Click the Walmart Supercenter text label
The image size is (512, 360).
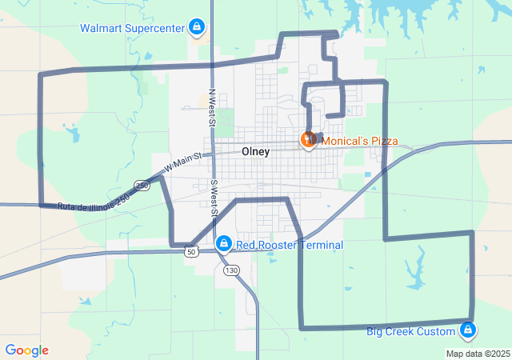[133, 28]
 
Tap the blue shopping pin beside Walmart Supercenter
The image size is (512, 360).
[196, 28]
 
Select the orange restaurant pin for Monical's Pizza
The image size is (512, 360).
[308, 140]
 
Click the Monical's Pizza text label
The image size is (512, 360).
[359, 141]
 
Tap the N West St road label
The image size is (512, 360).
[213, 108]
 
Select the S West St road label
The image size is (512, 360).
[214, 199]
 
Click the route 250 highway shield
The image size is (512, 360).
[142, 186]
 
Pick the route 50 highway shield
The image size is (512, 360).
[190, 251]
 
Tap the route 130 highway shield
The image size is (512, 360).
[231, 270]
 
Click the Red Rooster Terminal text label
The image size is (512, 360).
[290, 245]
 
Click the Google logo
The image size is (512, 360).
[26, 350]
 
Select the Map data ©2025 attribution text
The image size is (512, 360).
[478, 354]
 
